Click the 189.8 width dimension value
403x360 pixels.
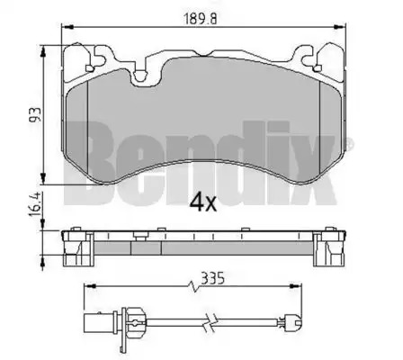pos(200,20)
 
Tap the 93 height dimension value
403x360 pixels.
pos(35,114)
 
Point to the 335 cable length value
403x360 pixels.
pos(212,278)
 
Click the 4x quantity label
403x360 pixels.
pos(202,202)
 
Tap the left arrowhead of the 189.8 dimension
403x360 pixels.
pos(67,28)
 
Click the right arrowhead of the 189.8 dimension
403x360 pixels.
pos(340,28)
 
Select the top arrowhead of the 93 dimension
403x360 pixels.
pos(43,51)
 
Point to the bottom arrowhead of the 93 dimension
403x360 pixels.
pos(43,178)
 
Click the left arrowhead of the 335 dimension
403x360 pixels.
pos(90,286)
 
